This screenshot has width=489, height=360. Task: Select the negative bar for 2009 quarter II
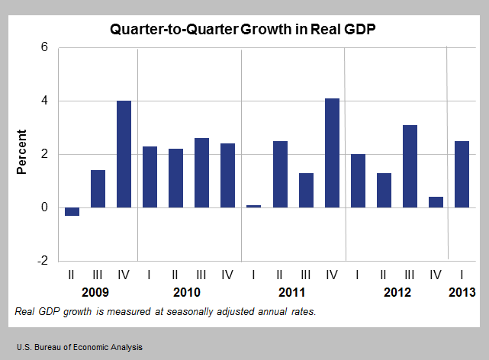pos(72,211)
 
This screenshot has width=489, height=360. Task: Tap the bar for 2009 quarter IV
pos(124,154)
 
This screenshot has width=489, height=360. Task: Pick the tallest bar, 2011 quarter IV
pos(332,153)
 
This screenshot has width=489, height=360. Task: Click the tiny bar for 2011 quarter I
pos(254,206)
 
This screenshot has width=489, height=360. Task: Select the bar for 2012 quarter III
pos(410,166)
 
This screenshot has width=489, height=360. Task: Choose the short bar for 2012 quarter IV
pos(436,202)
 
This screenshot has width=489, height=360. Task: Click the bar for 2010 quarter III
pos(202,172)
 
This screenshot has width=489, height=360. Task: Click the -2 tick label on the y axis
pos(42,261)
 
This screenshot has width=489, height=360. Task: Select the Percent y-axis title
pos(23,154)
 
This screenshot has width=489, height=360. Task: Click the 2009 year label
pos(95,293)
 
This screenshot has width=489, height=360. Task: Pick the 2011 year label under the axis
pos(291,293)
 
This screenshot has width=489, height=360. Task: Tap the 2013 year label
pos(462,293)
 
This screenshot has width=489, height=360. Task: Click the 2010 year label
pos(187,293)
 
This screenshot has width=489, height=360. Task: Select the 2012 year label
pos(397,293)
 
